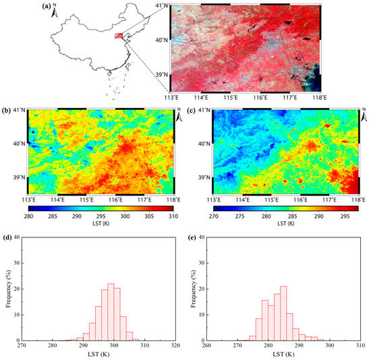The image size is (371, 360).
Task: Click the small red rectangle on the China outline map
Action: coord(119,36)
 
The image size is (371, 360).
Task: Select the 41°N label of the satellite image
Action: coord(159,5)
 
